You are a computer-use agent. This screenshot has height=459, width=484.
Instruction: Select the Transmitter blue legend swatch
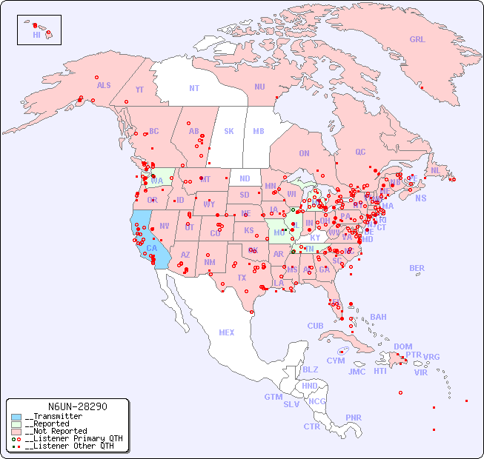(x=16, y=417)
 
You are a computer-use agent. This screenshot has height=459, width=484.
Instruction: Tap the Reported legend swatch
(x=16, y=424)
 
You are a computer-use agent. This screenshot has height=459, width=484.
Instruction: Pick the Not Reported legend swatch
(x=16, y=431)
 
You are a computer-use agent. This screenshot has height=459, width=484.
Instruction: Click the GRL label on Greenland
(x=417, y=40)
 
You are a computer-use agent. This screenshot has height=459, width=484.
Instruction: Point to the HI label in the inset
(x=36, y=35)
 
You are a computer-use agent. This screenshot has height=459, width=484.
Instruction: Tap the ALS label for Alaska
(x=104, y=85)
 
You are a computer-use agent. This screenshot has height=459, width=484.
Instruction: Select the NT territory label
(x=194, y=88)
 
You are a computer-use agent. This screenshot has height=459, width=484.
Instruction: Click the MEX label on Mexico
(x=227, y=332)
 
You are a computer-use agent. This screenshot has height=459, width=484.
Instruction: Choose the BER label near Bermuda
(x=417, y=268)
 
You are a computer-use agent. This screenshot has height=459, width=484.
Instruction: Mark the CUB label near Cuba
(x=316, y=326)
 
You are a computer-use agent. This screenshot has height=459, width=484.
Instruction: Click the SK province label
(x=229, y=131)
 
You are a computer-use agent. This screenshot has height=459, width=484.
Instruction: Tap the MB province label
(x=259, y=131)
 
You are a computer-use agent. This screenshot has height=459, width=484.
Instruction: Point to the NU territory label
(x=259, y=87)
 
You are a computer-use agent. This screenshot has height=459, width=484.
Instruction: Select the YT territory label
(x=139, y=90)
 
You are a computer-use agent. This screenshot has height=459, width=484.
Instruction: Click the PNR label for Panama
(x=354, y=418)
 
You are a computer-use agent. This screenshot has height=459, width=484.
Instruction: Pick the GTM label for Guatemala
(x=273, y=397)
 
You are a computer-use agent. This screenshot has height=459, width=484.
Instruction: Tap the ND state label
(x=245, y=178)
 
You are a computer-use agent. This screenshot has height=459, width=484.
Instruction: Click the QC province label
(x=360, y=152)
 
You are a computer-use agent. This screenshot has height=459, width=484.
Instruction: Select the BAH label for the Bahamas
(x=378, y=317)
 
